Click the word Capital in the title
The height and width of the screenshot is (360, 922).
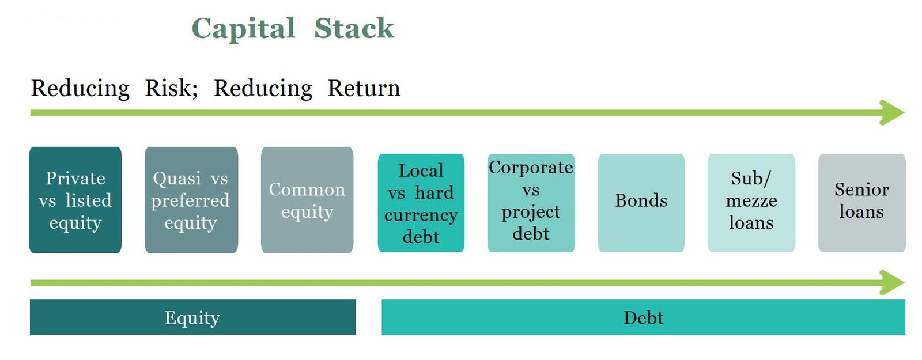coord(244,29)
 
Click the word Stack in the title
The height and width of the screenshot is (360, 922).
coord(354,28)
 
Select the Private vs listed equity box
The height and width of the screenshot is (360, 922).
coord(75,200)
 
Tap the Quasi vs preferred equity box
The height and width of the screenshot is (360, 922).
coord(191,200)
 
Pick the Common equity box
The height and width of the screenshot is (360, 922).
coord(307,200)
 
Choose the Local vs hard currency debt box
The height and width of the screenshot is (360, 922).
coord(421,203)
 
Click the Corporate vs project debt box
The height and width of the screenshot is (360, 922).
coord(531,203)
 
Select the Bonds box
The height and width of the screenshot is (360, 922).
coord(641,203)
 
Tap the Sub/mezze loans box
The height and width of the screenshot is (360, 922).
coord(751,203)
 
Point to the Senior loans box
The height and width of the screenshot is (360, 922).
coord(862,203)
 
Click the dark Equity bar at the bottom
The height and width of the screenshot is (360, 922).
coord(192,317)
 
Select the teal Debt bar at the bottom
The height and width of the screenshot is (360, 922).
coord(643,317)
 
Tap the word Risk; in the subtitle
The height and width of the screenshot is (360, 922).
coord(172,88)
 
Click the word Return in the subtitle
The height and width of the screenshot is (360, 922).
coord(364,88)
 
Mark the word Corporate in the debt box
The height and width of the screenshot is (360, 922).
coord(531,168)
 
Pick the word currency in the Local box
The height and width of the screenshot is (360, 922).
coord(421,215)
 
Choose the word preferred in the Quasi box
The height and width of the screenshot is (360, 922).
coord(190,201)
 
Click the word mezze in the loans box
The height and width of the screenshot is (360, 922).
coord(751,201)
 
